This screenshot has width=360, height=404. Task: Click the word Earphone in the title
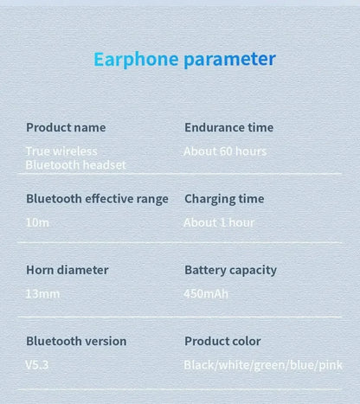136,59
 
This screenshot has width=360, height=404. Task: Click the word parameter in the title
229,59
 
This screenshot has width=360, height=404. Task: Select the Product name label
66,127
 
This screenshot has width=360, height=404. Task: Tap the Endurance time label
228,127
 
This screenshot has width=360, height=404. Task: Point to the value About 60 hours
225,151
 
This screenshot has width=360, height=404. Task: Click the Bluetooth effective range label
97,198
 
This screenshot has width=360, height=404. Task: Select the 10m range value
37,222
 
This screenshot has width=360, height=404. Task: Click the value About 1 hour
219,222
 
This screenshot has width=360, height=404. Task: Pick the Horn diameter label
67,270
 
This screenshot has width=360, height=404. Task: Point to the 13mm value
42,293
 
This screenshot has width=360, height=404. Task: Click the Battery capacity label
230,270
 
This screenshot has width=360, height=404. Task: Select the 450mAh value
206,293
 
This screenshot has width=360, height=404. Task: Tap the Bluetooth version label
76,341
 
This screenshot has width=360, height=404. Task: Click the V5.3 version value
37,364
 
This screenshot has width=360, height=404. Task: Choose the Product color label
222,341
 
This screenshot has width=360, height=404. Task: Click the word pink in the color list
330,365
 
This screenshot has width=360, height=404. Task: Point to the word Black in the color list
200,365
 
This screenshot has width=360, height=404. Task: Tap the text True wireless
61,151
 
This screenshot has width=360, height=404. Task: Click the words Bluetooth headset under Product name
75,164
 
